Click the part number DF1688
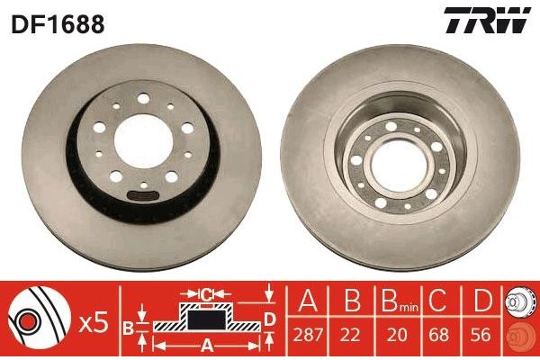tap(58, 24)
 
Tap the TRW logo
tap(487, 21)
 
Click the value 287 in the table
tap(308, 335)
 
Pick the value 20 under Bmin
tap(397, 335)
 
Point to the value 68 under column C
tap(440, 335)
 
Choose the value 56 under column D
tap(481, 335)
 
